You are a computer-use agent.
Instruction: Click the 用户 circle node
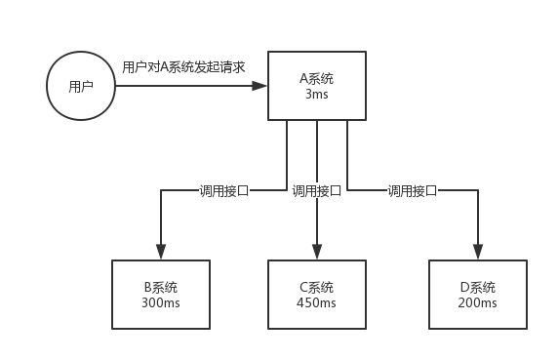click(x=81, y=86)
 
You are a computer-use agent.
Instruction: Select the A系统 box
click(x=317, y=86)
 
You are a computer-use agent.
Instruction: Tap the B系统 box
click(x=160, y=296)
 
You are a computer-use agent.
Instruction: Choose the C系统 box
click(x=317, y=296)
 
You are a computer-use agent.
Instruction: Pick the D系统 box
click(x=477, y=296)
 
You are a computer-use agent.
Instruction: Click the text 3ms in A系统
click(x=317, y=95)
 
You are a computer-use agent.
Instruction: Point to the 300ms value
click(x=160, y=303)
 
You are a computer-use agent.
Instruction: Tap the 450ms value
click(x=317, y=303)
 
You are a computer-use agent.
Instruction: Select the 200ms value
click(x=477, y=303)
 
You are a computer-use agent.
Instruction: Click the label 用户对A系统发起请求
click(x=183, y=67)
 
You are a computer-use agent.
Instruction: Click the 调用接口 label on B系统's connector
click(x=224, y=191)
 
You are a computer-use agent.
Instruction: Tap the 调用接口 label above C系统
click(x=317, y=191)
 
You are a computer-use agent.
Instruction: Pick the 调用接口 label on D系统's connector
click(x=412, y=191)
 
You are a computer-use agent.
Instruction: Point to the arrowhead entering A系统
click(x=260, y=86)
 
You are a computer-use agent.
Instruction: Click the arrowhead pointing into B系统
click(x=160, y=252)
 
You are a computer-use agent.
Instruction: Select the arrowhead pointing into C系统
click(x=317, y=252)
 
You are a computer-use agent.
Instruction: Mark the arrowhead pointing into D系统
click(x=477, y=252)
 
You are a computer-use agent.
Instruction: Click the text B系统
click(x=160, y=288)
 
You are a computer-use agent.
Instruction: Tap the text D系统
click(x=477, y=288)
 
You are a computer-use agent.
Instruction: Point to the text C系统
click(x=317, y=288)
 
